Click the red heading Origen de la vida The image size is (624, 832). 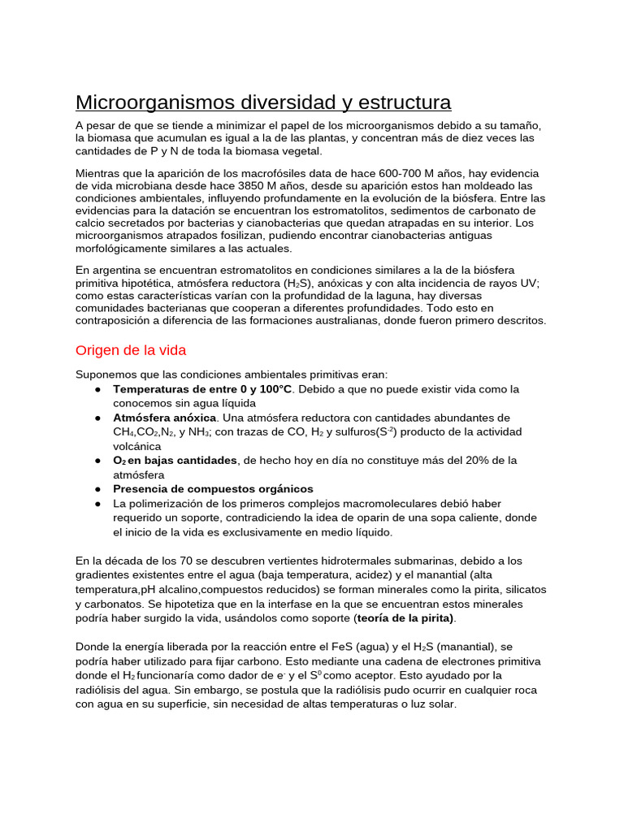[131, 350]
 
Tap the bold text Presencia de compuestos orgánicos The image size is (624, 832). [213, 488]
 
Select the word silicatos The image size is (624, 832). [521, 589]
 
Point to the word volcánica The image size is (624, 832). [137, 446]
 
